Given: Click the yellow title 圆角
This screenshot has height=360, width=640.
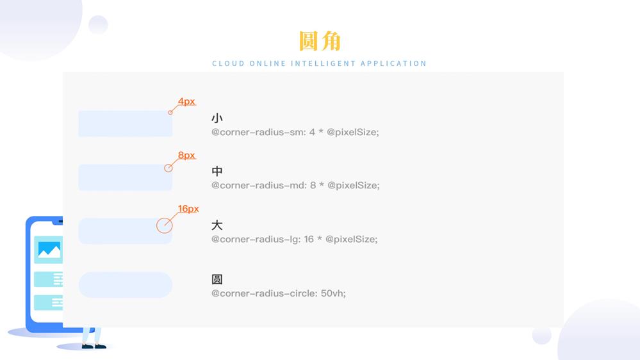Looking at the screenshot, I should [320, 40].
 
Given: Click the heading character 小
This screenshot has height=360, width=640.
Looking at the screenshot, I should [217, 119].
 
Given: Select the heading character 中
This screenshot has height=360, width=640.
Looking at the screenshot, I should [217, 172].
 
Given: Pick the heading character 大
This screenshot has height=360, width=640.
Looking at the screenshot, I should [217, 225].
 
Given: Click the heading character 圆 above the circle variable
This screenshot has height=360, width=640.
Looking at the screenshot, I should [217, 279].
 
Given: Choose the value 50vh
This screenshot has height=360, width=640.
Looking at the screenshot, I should [333, 293].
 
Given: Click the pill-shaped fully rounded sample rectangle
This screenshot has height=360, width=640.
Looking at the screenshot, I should [126, 285].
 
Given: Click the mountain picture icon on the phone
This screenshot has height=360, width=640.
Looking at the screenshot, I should [49, 250].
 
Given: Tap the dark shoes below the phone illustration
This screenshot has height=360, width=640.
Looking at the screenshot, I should [94, 347].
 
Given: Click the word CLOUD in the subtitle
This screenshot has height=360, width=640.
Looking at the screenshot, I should [228, 63].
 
